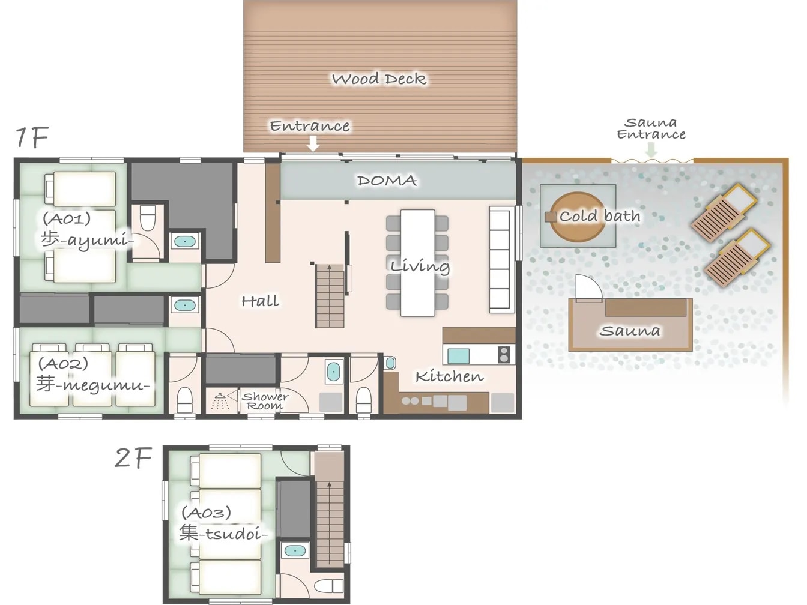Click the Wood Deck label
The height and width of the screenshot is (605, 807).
(x=379, y=79)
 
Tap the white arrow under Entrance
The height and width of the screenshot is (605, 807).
(x=313, y=143)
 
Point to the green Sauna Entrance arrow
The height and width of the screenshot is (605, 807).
(x=651, y=150)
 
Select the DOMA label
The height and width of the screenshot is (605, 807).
(x=387, y=181)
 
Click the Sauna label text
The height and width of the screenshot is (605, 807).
(x=630, y=331)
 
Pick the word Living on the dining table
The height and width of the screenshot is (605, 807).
(x=420, y=266)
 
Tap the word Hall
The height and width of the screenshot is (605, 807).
(x=261, y=301)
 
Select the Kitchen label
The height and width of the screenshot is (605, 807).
(x=449, y=376)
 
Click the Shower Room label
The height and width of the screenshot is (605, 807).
(x=265, y=401)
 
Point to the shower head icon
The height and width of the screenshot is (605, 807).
(x=220, y=402)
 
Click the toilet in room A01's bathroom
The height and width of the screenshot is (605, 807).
(x=148, y=218)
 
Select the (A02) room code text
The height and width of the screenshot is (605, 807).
(x=63, y=364)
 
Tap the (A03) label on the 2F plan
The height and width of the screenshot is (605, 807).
(x=207, y=513)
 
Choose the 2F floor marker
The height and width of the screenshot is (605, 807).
(x=133, y=458)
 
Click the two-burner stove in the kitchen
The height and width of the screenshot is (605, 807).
(x=504, y=355)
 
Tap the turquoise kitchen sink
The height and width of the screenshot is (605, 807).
(x=458, y=356)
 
